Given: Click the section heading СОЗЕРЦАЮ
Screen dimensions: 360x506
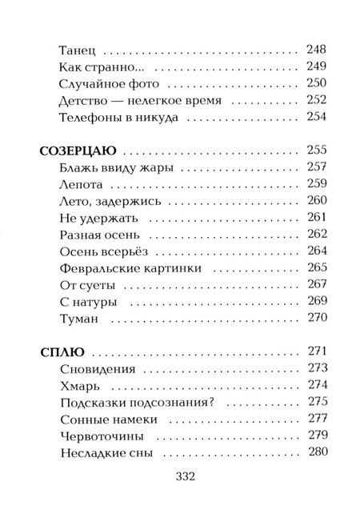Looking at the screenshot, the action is click(x=78, y=150).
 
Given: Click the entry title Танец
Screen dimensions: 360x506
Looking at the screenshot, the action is click(x=76, y=47).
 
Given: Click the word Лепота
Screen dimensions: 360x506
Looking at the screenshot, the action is click(x=81, y=185).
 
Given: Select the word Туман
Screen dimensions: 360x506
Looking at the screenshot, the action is click(x=78, y=319).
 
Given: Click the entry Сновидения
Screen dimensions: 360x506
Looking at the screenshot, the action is click(x=97, y=369).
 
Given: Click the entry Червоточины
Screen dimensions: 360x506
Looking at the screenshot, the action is click(x=101, y=436).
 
